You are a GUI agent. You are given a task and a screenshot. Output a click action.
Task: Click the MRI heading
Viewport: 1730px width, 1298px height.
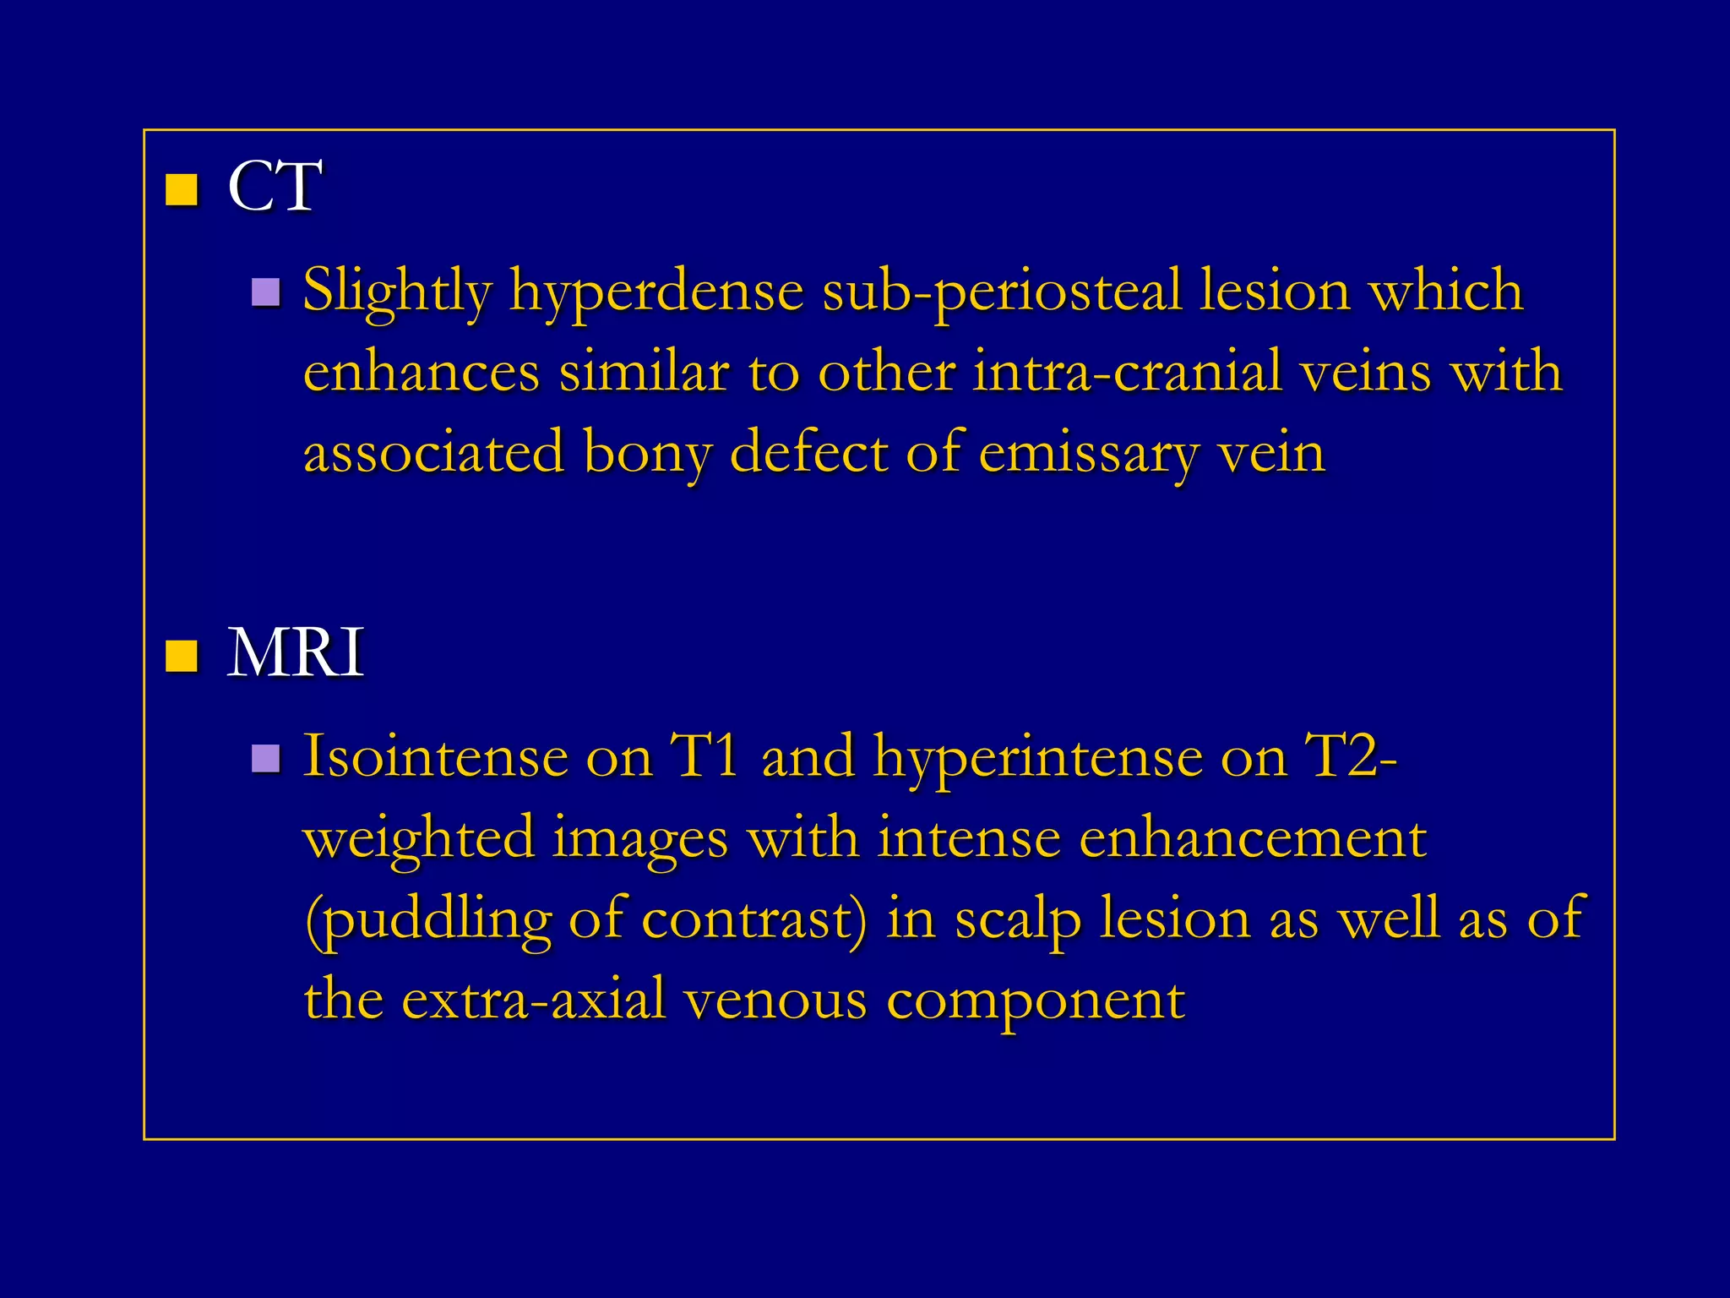296,653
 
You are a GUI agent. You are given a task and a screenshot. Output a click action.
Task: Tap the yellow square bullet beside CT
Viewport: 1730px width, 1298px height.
182,190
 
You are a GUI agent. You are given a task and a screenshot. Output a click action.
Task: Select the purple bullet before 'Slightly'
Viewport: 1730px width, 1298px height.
266,292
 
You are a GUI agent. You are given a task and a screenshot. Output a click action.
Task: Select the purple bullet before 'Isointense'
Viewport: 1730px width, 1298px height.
266,759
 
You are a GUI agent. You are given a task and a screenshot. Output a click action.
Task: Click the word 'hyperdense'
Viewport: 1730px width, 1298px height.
656,292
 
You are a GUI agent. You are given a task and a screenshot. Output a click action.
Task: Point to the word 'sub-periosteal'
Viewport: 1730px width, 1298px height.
1001,292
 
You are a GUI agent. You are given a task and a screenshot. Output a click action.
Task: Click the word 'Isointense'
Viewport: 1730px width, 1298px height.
436,755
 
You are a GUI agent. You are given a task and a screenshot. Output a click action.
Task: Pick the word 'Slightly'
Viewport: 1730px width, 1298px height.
397,292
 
